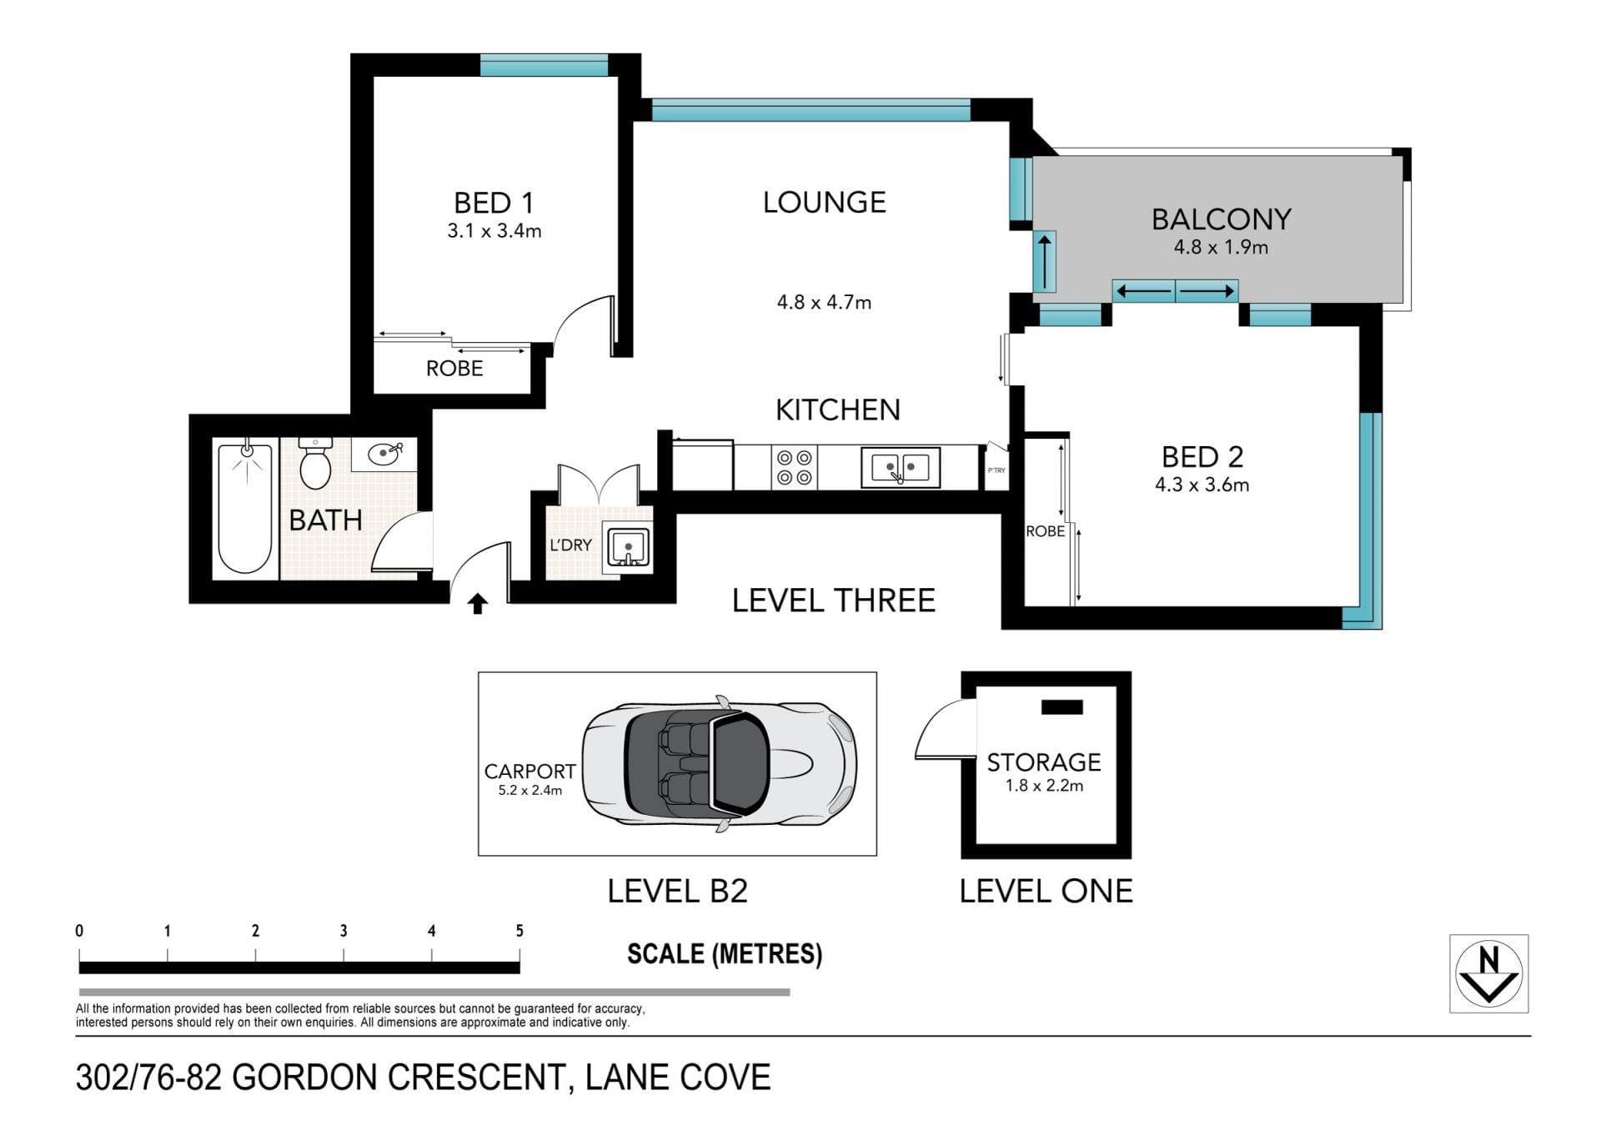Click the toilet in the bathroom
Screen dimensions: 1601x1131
pos(315,463)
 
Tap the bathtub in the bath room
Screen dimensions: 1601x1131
pos(245,508)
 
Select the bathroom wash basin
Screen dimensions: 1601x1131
pos(384,455)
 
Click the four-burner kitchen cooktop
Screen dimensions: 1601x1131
pos(793,467)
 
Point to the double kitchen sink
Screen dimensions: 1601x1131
pos(901,467)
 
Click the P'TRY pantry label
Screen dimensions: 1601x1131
pos(996,470)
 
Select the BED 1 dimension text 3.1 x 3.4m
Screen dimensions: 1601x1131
pos(494,231)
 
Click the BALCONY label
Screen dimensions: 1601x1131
pos(1222,219)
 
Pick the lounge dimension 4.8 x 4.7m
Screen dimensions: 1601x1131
pos(824,302)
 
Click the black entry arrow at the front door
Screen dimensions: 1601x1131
pos(478,604)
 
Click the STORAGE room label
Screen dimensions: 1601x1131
pos(1044,762)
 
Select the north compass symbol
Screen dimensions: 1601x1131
pos(1488,973)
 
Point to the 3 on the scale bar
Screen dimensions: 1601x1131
pos(344,931)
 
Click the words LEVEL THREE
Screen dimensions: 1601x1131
pos(834,601)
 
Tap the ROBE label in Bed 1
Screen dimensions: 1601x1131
pos(454,369)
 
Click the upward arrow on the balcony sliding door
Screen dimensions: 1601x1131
pos(1044,260)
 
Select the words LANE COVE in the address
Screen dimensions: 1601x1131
pos(678,1078)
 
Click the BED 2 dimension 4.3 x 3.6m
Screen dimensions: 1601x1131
pos(1202,485)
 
